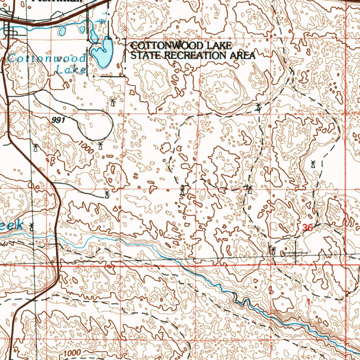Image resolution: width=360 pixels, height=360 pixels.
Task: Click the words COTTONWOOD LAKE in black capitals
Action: (x=181, y=46)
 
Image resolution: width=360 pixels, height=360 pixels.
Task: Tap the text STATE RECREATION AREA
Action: (x=193, y=55)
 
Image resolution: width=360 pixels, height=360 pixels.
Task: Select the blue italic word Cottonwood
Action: (x=47, y=58)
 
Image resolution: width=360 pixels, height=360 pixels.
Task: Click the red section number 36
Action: (x=308, y=228)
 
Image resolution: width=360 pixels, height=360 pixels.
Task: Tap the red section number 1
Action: (x=308, y=302)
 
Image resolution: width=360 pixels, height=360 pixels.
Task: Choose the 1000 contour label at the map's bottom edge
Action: (x=72, y=353)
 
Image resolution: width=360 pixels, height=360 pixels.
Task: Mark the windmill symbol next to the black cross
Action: (x=273, y=251)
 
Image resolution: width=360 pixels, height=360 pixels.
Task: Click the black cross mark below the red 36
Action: (x=295, y=252)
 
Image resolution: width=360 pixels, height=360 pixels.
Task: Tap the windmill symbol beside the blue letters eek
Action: (x=32, y=226)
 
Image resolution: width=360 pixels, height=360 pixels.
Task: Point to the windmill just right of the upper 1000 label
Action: (x=101, y=145)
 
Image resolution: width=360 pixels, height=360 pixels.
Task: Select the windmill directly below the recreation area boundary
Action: (x=112, y=103)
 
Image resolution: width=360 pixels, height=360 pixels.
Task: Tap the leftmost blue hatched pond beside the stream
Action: (x=63, y=31)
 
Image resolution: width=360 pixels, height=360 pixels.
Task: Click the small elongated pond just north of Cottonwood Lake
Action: (x=94, y=35)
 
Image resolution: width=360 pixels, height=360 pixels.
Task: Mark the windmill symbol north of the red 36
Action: (x=313, y=164)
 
